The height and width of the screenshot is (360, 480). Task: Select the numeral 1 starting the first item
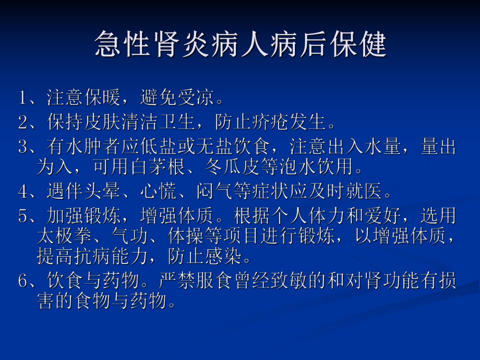pos(22,98)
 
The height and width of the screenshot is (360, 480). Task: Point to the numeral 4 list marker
pos(22,191)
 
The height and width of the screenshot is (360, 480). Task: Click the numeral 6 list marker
pos(22,282)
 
